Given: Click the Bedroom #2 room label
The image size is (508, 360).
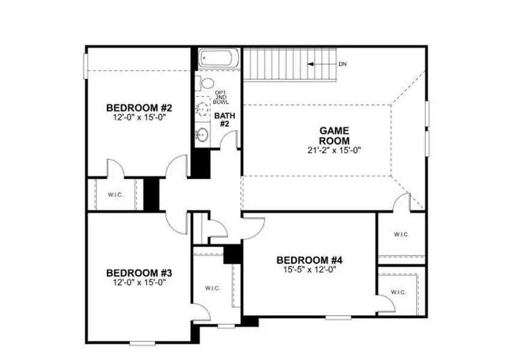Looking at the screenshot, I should pyautogui.click(x=139, y=108).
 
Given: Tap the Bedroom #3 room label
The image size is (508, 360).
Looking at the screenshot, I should pyautogui.click(x=139, y=272).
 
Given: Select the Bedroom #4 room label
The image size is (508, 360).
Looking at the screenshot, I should pyautogui.click(x=309, y=260).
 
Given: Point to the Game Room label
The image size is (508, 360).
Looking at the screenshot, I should pyautogui.click(x=334, y=135).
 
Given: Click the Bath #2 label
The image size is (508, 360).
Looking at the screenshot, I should pyautogui.click(x=225, y=119).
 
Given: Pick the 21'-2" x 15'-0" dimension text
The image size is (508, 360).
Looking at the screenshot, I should pyautogui.click(x=334, y=150).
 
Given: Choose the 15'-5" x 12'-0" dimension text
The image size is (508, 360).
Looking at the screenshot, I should pyautogui.click(x=309, y=270).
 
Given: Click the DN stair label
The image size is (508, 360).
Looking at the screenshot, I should pyautogui.click(x=342, y=64).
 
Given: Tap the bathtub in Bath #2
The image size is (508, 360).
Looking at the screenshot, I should pyautogui.click(x=219, y=59).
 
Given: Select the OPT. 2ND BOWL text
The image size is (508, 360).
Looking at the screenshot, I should pyautogui.click(x=221, y=98).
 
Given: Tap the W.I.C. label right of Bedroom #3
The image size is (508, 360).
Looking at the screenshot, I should pyautogui.click(x=213, y=289).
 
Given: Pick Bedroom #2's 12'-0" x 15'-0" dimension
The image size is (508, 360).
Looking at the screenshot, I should pyautogui.click(x=139, y=118).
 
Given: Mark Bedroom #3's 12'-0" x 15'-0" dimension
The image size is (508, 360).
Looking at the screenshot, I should pyautogui.click(x=139, y=281).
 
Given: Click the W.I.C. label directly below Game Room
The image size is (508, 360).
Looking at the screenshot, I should pyautogui.click(x=401, y=235).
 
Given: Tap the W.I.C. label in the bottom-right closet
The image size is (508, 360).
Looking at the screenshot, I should pyautogui.click(x=399, y=292).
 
